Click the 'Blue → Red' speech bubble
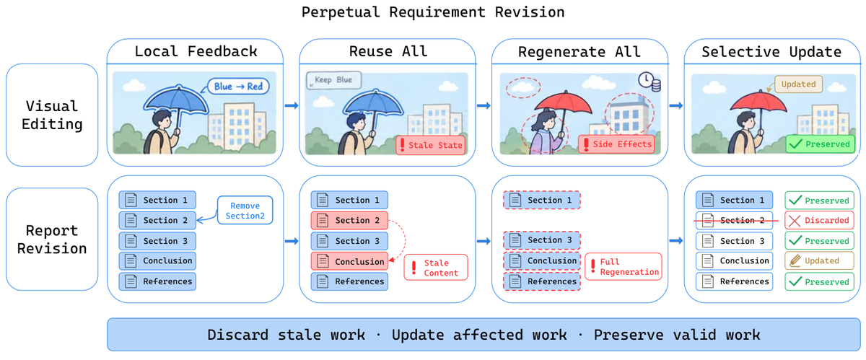click(238, 87)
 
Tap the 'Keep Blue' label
click(333, 80)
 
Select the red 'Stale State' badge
click(431, 145)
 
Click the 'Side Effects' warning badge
click(616, 144)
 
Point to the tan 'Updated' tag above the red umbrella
click(798, 84)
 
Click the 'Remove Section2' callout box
click(245, 211)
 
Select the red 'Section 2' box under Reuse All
click(349, 221)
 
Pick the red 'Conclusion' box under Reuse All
click(349, 261)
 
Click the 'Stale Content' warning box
click(436, 268)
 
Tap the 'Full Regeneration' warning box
click(624, 267)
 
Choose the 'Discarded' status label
click(819, 221)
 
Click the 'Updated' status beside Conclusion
click(819, 261)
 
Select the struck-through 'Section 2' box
click(735, 221)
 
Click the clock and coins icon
click(649, 82)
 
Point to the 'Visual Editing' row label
click(52, 115)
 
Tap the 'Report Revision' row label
click(52, 240)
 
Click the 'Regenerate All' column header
click(579, 52)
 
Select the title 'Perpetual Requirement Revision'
click(433, 12)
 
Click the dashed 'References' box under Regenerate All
click(542, 281)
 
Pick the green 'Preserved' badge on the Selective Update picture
click(820, 144)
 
